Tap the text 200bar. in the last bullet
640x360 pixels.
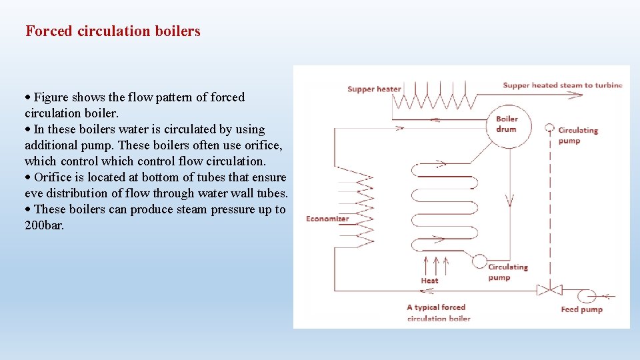44,225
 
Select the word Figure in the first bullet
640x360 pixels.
51,97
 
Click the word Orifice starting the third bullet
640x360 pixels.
54,177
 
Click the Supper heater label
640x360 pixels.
374,89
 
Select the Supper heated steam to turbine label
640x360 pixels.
562,85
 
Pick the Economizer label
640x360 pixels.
327,219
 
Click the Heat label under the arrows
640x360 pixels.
429,281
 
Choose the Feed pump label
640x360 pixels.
581,309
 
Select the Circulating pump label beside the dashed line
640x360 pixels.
577,135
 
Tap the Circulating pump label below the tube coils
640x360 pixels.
507,272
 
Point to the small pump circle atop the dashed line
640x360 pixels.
549,127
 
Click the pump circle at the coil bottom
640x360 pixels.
479,261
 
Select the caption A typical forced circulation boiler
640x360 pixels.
438,313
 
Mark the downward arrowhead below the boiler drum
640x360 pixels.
509,200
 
